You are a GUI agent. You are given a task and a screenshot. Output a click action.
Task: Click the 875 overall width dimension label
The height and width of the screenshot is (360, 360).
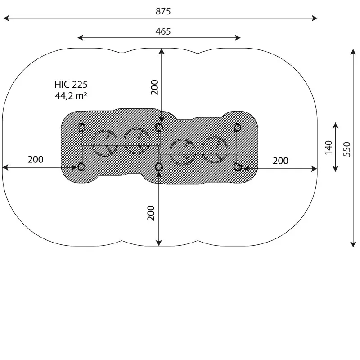(x=163, y=11)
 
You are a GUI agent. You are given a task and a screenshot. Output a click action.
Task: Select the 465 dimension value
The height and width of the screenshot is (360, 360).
(x=163, y=31)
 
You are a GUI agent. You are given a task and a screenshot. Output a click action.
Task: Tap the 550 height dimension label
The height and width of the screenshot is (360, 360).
(x=347, y=149)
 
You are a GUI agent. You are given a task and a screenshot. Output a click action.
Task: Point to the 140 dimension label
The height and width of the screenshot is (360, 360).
(x=328, y=148)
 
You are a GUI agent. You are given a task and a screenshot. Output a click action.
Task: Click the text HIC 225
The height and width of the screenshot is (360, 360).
(x=71, y=85)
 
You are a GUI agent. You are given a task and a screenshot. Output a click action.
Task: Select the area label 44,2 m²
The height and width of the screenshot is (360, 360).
(x=71, y=95)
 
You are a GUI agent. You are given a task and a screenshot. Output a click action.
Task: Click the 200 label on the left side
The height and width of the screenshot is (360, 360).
(x=36, y=159)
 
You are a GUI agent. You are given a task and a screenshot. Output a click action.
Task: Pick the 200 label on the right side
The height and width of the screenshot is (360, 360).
(x=280, y=161)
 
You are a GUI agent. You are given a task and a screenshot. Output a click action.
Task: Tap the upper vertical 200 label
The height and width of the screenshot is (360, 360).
(x=154, y=87)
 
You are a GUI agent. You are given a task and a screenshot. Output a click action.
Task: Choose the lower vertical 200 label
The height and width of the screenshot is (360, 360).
(x=151, y=213)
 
